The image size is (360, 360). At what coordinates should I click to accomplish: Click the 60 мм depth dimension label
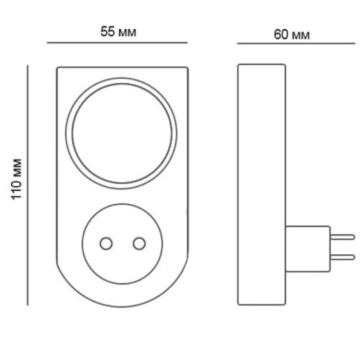292,34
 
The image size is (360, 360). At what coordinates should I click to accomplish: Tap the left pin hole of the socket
106,243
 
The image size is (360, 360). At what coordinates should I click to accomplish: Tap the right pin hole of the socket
139,243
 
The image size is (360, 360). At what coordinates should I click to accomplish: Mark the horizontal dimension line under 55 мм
117,43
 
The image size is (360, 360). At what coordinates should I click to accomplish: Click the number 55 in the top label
107,32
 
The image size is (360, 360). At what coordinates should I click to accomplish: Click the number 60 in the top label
281,34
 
